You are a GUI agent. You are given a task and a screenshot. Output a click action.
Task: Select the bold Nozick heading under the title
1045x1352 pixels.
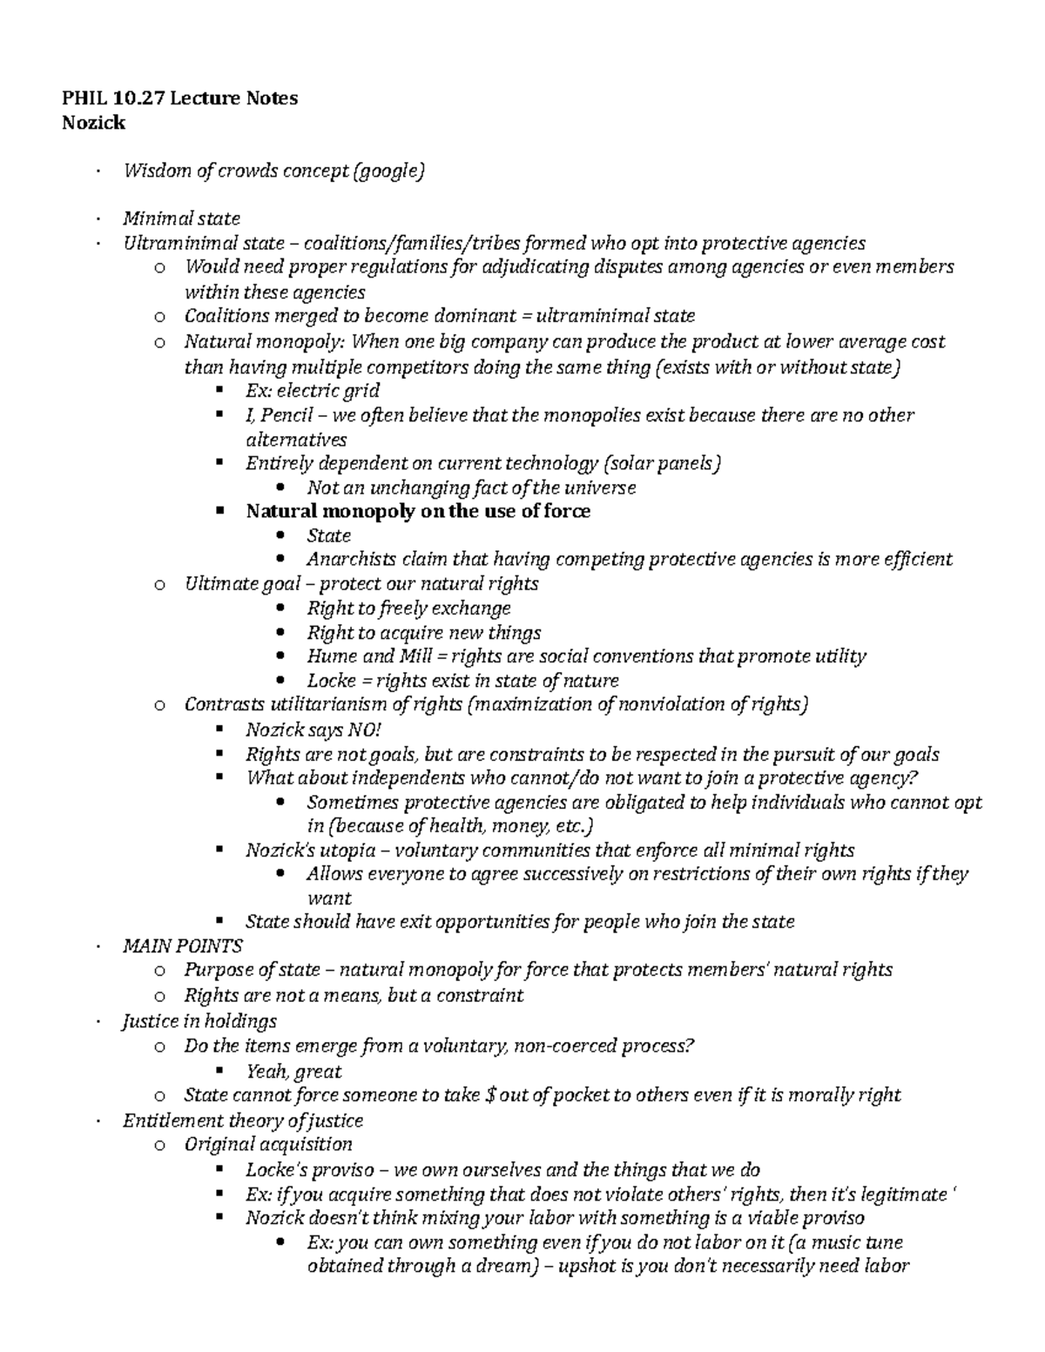[x=93, y=123]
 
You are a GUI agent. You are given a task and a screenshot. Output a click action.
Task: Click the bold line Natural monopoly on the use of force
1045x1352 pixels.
[x=418, y=511]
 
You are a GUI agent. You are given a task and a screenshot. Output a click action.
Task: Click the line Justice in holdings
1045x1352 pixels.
[x=199, y=1021]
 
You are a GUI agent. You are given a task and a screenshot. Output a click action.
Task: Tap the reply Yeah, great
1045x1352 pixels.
[x=293, y=1072]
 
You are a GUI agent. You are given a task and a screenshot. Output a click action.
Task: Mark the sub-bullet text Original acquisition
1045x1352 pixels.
[x=268, y=1145]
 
